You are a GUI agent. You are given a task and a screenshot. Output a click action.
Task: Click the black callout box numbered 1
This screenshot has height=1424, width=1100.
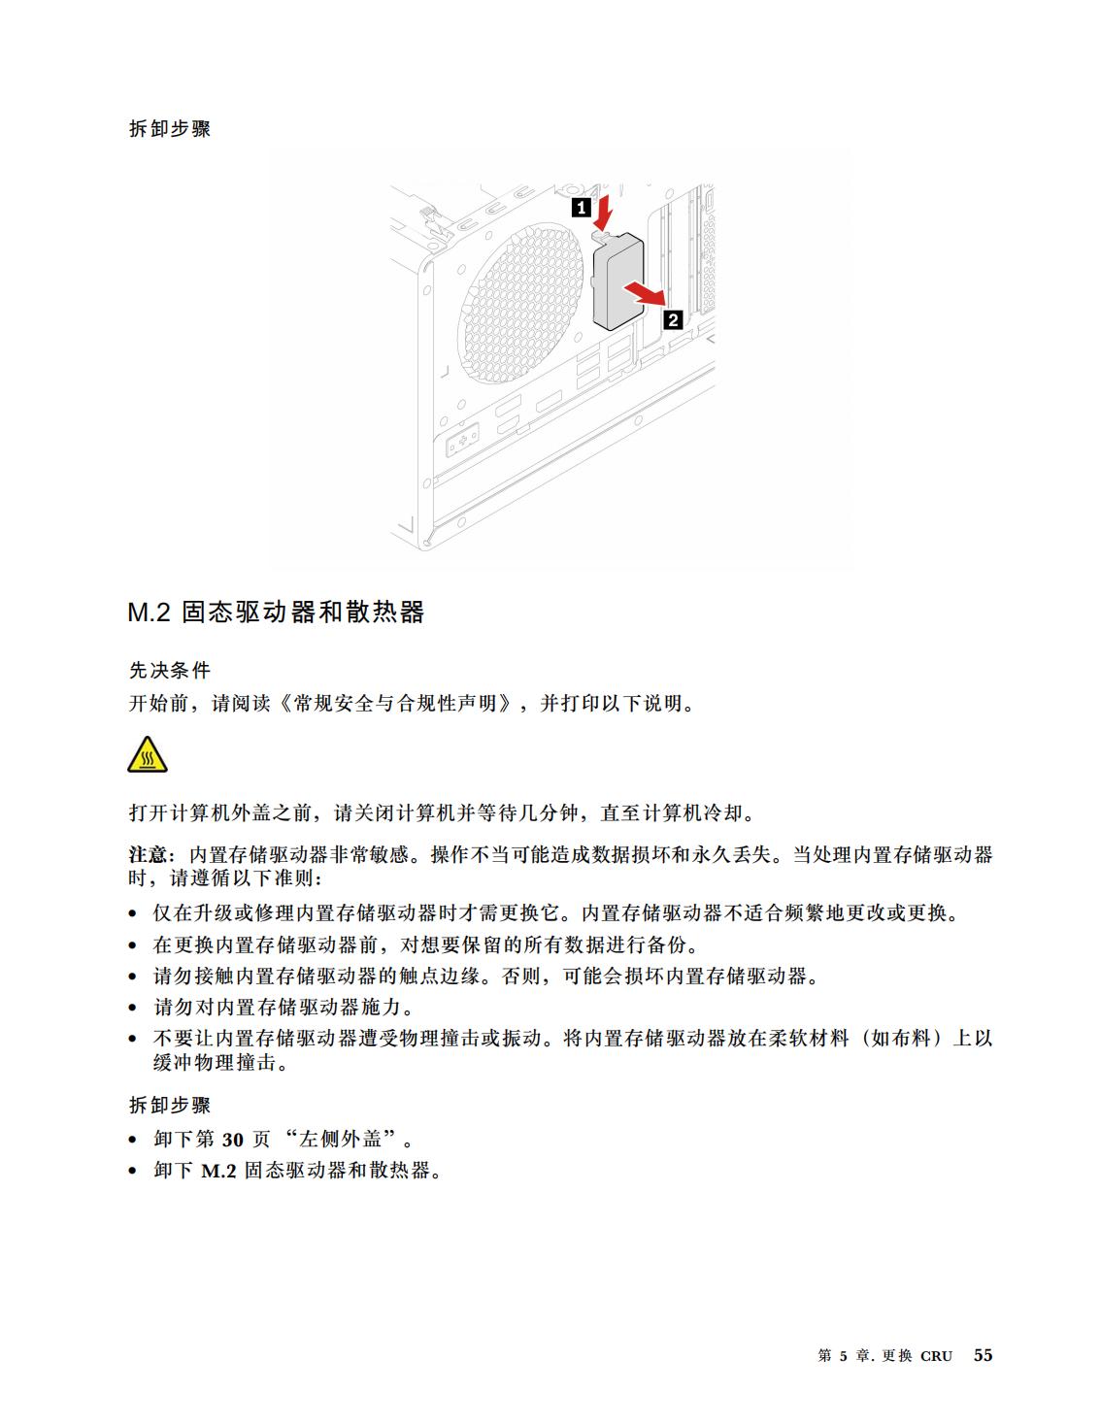582,209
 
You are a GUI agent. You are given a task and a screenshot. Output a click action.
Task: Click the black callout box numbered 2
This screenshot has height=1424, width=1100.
673,320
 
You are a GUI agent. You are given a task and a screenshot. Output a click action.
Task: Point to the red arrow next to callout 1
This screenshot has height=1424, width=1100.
604,211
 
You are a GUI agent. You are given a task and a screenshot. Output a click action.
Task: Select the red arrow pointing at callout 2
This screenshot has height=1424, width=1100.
644,293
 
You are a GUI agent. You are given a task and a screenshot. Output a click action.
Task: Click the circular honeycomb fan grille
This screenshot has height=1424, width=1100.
519,303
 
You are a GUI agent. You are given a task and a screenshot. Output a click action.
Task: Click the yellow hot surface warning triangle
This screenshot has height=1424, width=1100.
148,755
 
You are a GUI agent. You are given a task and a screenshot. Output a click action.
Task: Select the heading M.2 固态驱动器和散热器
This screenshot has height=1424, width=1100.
276,613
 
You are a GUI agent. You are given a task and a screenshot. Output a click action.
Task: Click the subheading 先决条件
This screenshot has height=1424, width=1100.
170,671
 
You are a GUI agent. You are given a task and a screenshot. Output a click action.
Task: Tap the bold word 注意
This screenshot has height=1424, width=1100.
149,854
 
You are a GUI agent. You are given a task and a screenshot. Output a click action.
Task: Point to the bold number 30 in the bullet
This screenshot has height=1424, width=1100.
233,1141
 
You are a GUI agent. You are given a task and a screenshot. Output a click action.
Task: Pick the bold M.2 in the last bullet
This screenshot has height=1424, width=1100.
218,1171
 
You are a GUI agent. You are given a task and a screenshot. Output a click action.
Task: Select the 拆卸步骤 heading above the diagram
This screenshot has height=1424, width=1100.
170,128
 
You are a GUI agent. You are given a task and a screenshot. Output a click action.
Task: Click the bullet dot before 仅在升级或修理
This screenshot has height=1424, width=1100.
133,913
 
